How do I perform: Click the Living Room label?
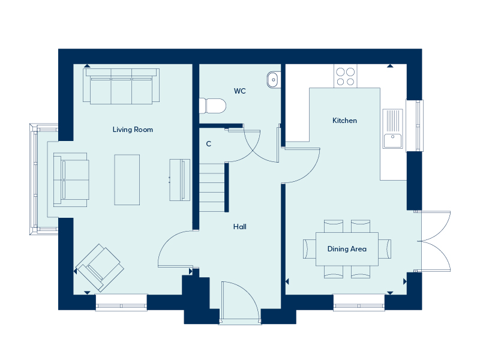133,130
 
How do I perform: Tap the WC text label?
239,91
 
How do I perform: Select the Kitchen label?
344,121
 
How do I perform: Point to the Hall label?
239,227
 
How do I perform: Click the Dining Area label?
347,249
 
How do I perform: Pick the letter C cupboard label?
208,144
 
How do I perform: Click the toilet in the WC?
213,106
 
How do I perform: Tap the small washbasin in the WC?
273,80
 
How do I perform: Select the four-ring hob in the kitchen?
346,76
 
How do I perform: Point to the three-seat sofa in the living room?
121,86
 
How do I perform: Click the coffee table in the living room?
127,179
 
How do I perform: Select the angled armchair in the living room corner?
100,268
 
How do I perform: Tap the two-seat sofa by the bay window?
71,179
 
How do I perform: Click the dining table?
347,249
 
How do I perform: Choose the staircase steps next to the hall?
212,187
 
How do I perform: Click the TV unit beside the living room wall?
179,180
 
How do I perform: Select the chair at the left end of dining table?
310,249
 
